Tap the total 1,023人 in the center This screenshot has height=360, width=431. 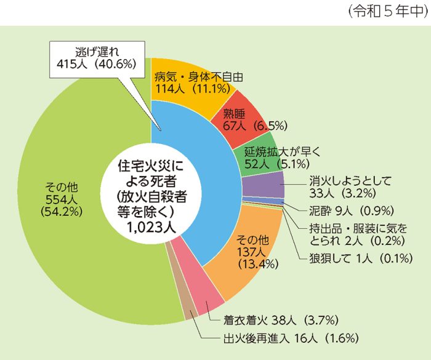[151, 226]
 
